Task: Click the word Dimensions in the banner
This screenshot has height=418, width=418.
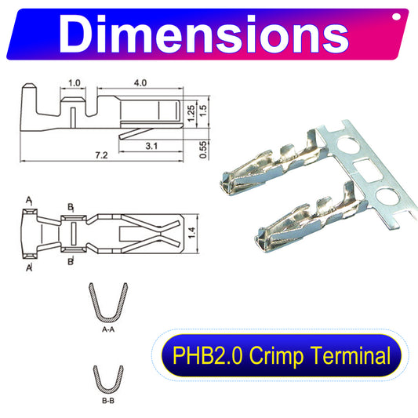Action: click(x=204, y=34)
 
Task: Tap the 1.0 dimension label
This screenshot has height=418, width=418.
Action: click(x=74, y=83)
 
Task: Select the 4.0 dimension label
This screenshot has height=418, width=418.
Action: click(x=140, y=83)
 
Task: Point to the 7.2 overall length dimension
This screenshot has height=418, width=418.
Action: click(x=101, y=155)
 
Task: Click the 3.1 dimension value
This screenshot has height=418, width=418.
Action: click(x=151, y=146)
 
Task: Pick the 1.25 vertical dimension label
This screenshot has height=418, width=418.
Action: click(x=191, y=113)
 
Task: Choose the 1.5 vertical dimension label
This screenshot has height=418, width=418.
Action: click(x=203, y=111)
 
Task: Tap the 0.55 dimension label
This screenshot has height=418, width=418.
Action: click(x=203, y=150)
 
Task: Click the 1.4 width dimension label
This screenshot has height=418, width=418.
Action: click(x=192, y=233)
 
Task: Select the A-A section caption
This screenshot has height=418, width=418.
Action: click(x=108, y=329)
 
